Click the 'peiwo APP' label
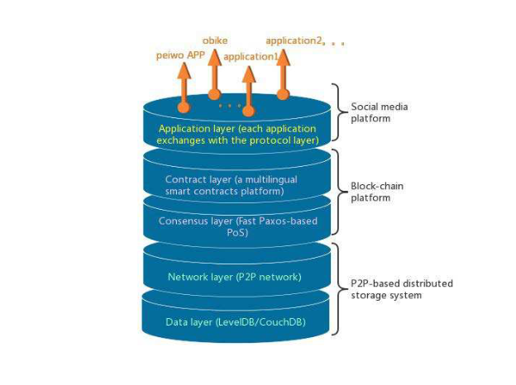pyautogui.click(x=180, y=55)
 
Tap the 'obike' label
pyautogui.click(x=215, y=40)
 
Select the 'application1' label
pyautogui.click(x=251, y=57)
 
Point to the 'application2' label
pyautogui.click(x=294, y=40)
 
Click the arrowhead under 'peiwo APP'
pyautogui.click(x=184, y=71)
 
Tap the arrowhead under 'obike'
pyautogui.click(x=214, y=58)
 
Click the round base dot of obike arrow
pyautogui.click(x=214, y=94)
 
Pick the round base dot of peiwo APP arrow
pyautogui.click(x=184, y=107)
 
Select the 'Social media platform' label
pyautogui.click(x=379, y=112)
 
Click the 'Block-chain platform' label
pyautogui.click(x=377, y=192)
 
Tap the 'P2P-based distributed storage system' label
pyautogui.click(x=402, y=289)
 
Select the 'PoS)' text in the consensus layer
pyautogui.click(x=237, y=233)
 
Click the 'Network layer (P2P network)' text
pyautogui.click(x=235, y=277)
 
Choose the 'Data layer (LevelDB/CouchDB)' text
pyautogui.click(x=236, y=322)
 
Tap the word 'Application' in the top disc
pyautogui.click(x=179, y=129)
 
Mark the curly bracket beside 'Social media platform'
pyautogui.click(x=339, y=112)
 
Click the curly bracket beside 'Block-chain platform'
pyautogui.click(x=339, y=192)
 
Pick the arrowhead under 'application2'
pyautogui.click(x=283, y=58)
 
